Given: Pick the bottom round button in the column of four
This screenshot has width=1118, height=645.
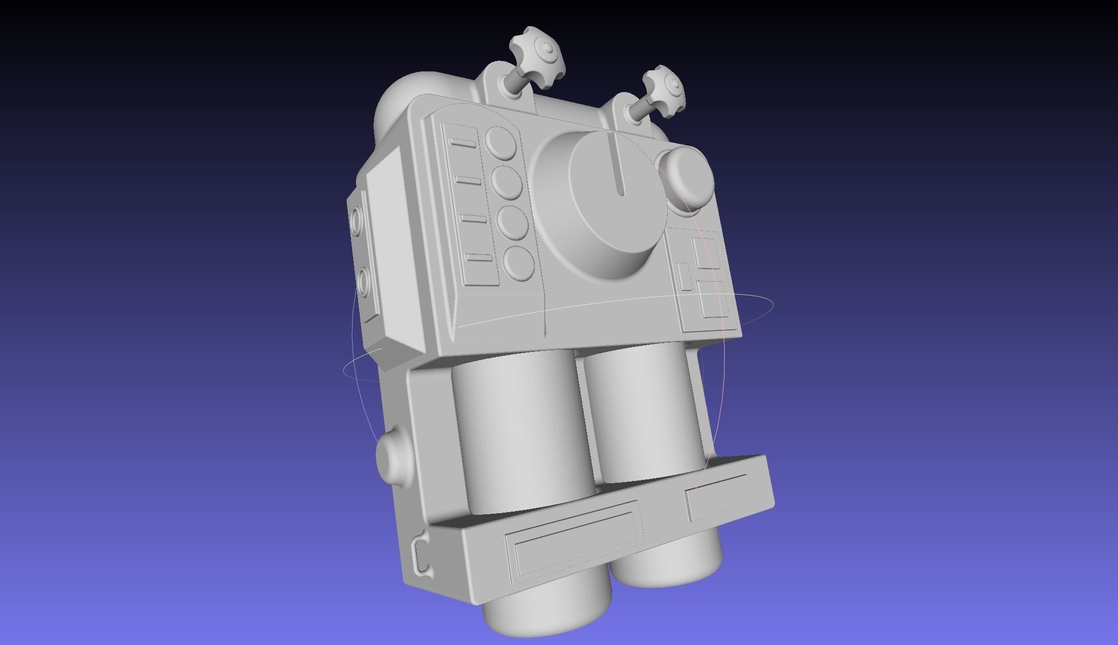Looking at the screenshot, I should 519,263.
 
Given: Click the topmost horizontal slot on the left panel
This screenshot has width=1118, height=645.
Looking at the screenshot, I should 463,143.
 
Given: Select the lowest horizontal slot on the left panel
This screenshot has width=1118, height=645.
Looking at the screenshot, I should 479,257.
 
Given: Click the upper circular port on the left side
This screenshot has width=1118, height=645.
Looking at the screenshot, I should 358,221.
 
